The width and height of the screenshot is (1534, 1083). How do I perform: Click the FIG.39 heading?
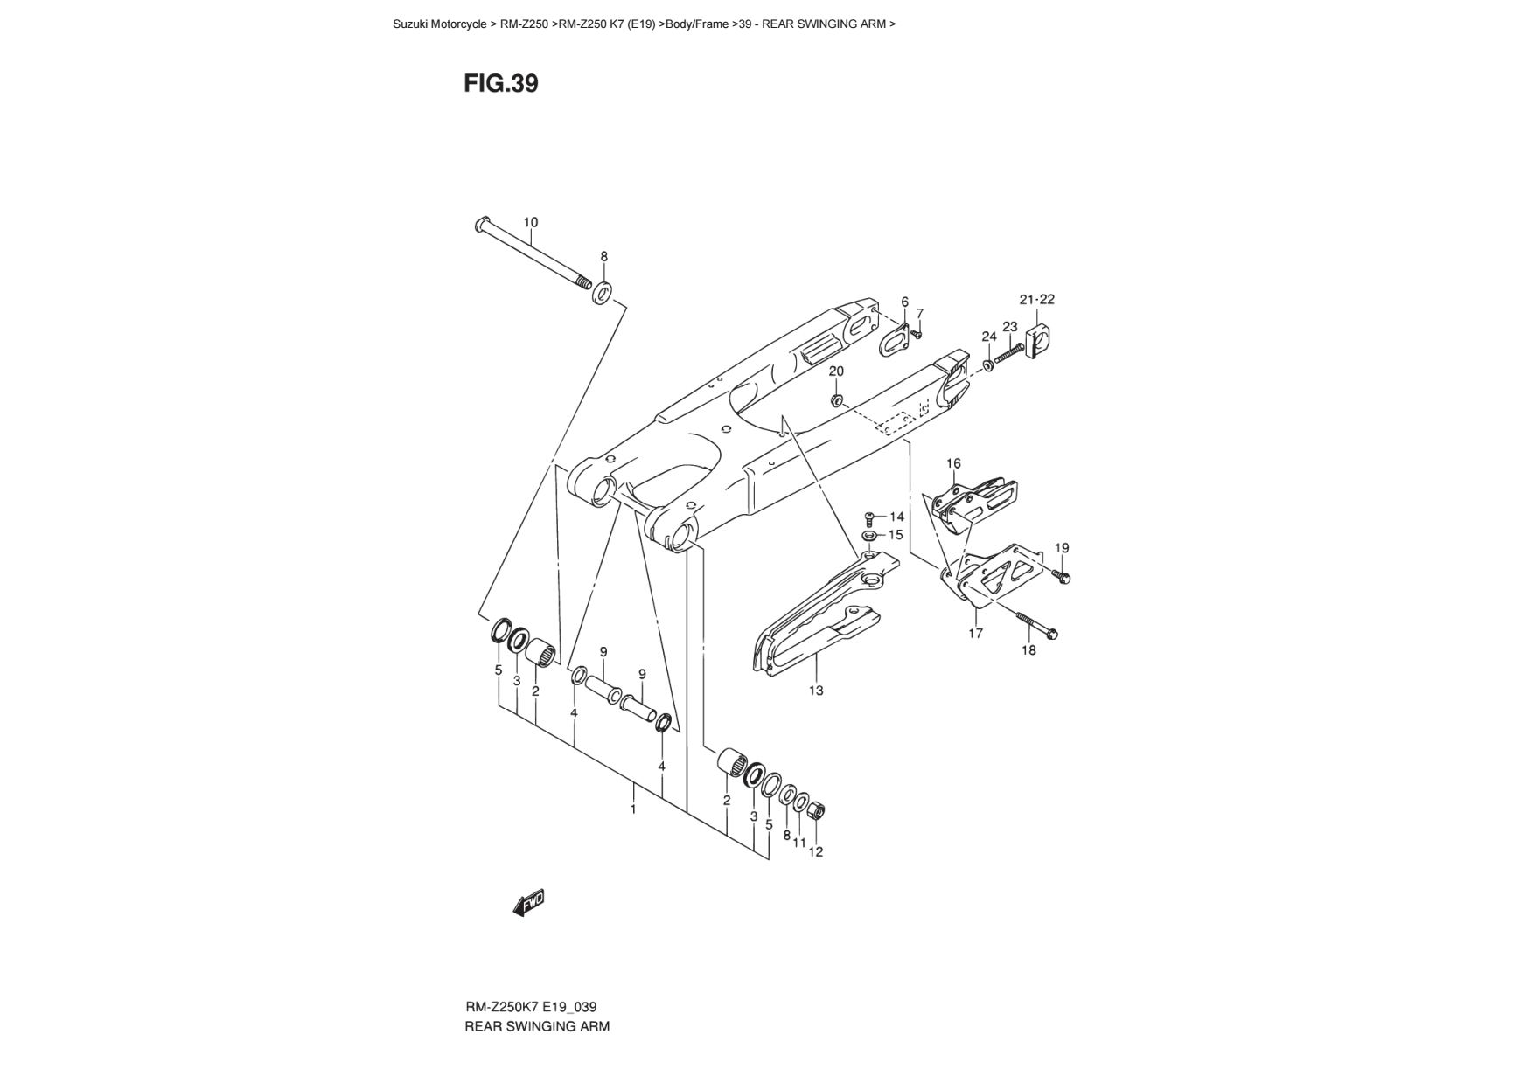coord(501,84)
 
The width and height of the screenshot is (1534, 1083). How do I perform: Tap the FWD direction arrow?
coord(529,902)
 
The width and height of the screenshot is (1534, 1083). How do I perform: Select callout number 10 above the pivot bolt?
coord(531,222)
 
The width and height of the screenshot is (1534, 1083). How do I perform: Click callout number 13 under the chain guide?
coord(816,691)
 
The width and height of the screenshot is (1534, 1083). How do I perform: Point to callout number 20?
coord(836,371)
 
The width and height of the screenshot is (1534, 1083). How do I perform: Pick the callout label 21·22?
coord(1037,299)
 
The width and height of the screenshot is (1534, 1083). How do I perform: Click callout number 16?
coord(953,463)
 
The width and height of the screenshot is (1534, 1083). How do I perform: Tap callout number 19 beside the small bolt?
coord(1062,548)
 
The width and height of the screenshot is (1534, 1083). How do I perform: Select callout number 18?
coord(1028,650)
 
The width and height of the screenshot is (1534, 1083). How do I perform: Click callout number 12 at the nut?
coord(815,851)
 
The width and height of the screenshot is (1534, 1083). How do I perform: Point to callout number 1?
coord(633,809)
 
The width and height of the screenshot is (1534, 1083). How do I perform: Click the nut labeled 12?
coord(816,810)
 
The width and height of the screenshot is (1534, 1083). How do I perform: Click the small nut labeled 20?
coord(835,400)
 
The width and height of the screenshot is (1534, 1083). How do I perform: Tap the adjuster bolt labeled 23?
coord(1009,354)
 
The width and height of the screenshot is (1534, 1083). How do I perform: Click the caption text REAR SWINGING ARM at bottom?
coord(537,1026)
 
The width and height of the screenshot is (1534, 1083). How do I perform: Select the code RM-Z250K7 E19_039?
coord(531,1007)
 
